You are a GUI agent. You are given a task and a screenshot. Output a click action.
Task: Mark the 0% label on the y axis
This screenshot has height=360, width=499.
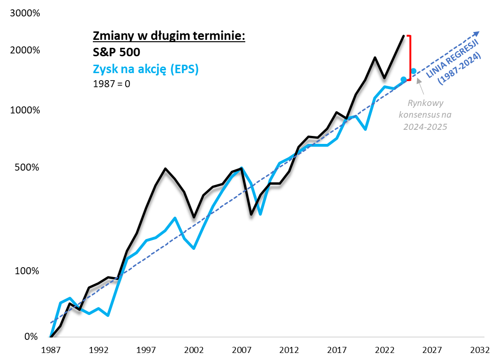tap(31, 337)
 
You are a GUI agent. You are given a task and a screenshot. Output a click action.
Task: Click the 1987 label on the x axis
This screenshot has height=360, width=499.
tap(51, 350)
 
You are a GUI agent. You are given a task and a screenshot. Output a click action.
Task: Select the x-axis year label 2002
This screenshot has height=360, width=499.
tap(194, 350)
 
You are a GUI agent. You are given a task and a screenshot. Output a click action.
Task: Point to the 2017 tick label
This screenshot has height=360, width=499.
tap(337, 350)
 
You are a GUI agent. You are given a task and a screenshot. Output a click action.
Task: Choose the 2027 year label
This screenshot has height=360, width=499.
tap(432, 350)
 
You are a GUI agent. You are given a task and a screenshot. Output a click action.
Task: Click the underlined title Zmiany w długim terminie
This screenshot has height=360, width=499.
tap(169, 36)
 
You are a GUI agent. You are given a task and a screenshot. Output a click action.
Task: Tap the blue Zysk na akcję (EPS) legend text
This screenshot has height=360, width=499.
tap(146, 69)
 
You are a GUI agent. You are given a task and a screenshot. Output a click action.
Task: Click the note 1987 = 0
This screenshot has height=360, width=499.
tap(112, 84)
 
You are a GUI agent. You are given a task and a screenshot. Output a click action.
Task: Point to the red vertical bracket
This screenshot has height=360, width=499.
tap(410, 58)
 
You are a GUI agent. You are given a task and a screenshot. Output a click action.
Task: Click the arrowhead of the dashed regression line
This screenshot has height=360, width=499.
tap(477, 33)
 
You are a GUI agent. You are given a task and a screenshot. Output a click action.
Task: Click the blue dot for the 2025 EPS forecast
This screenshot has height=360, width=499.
tap(414, 71)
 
